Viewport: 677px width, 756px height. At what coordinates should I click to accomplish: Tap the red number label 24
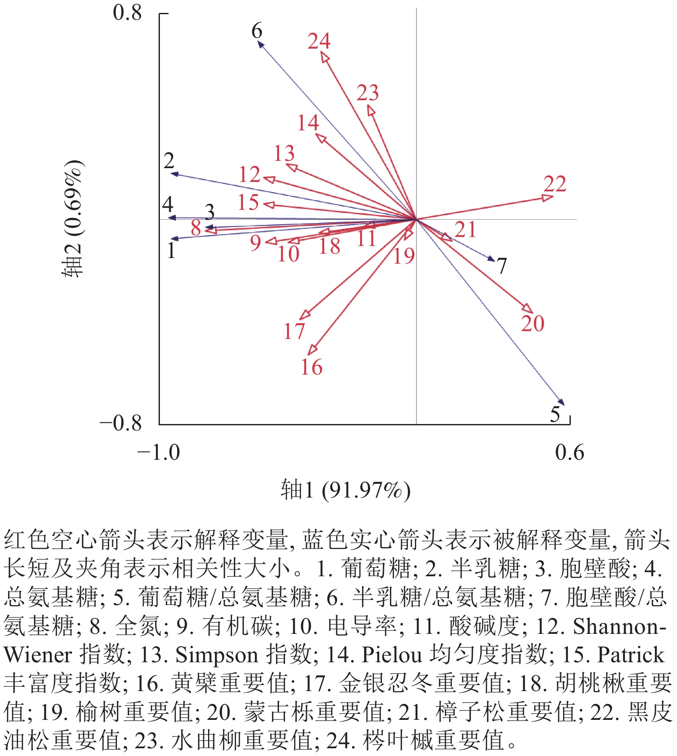coord(319,41)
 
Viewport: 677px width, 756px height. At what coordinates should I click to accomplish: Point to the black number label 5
coord(555,414)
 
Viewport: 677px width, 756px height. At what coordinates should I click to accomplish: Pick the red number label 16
coord(311,367)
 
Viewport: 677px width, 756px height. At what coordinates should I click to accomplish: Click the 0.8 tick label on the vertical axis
coord(127,13)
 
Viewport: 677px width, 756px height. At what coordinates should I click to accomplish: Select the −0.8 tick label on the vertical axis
coord(121,423)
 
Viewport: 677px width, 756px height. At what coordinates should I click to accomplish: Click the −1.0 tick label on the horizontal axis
coord(159,453)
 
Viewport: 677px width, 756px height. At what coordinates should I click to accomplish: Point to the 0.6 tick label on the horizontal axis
coord(570,453)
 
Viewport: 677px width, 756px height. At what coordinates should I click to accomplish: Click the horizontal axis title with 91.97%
coord(346,490)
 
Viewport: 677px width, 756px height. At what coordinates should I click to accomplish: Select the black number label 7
coord(502,266)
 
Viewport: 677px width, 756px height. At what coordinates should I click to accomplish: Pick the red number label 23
coord(368,93)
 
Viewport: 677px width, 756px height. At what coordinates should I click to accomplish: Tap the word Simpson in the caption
coord(217,655)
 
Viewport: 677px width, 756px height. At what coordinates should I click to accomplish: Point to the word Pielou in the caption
coord(391,655)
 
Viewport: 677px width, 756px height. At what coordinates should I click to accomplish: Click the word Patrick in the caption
coord(631,655)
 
